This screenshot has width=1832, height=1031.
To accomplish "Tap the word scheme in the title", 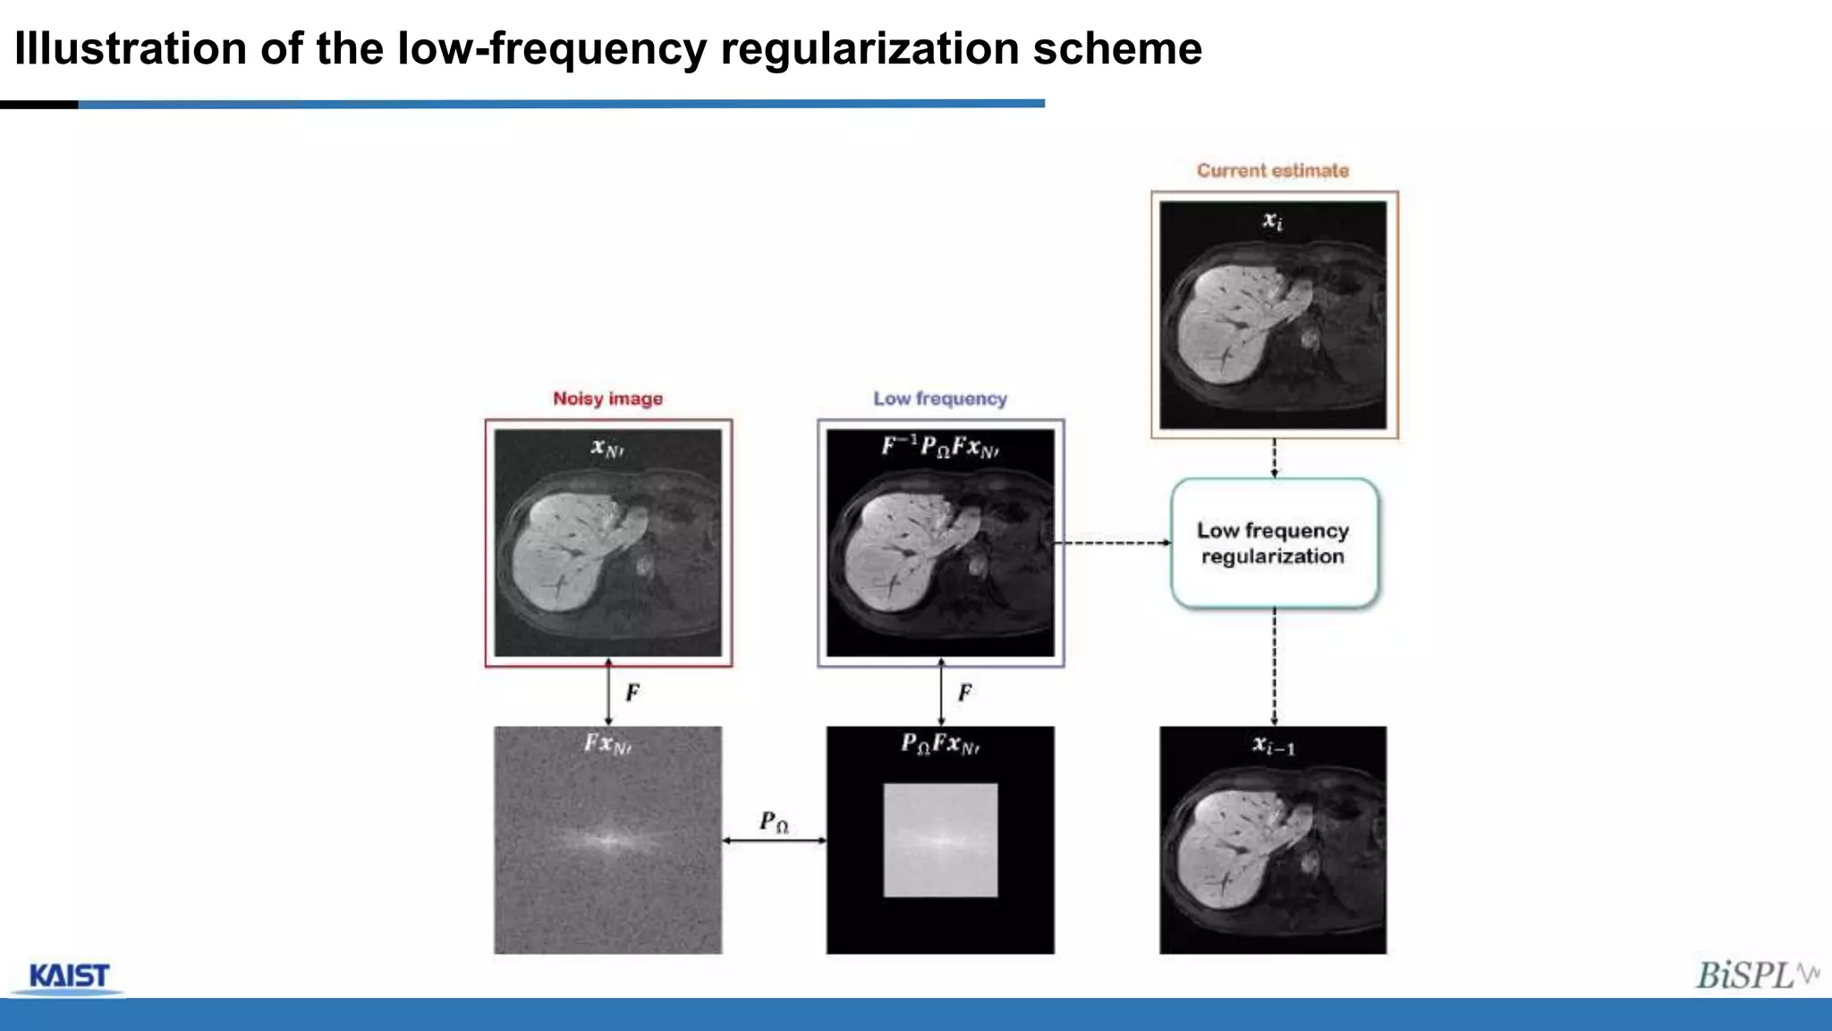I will [x=1117, y=48].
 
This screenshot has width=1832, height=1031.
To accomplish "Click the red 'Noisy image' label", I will [x=607, y=398].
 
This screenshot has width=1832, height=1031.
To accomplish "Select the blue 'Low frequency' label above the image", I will [x=940, y=398].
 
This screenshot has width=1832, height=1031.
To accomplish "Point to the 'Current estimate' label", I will [x=1273, y=170].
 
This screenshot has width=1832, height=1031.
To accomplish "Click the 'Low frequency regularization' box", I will [x=1274, y=543].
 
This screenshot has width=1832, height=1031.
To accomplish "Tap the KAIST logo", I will [x=69, y=976].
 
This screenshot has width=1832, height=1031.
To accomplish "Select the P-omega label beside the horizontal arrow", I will [x=774, y=822].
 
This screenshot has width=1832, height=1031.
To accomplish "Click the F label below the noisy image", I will [x=632, y=693].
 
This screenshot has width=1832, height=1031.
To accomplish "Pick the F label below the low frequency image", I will [x=965, y=693].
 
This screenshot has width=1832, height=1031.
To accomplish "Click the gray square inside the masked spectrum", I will [x=940, y=839].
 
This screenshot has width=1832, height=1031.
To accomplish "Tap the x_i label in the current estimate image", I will [x=1272, y=220].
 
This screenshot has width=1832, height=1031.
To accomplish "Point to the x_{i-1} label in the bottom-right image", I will [x=1273, y=746].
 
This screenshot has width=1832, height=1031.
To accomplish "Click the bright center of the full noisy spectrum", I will [x=607, y=840].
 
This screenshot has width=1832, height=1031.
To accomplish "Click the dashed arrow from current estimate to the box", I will [x=1274, y=458].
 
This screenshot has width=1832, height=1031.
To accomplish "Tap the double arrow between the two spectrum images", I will [x=774, y=840].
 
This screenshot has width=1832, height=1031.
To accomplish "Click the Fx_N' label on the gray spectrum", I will [x=607, y=744].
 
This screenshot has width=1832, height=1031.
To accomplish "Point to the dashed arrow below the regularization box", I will [x=1274, y=667].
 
